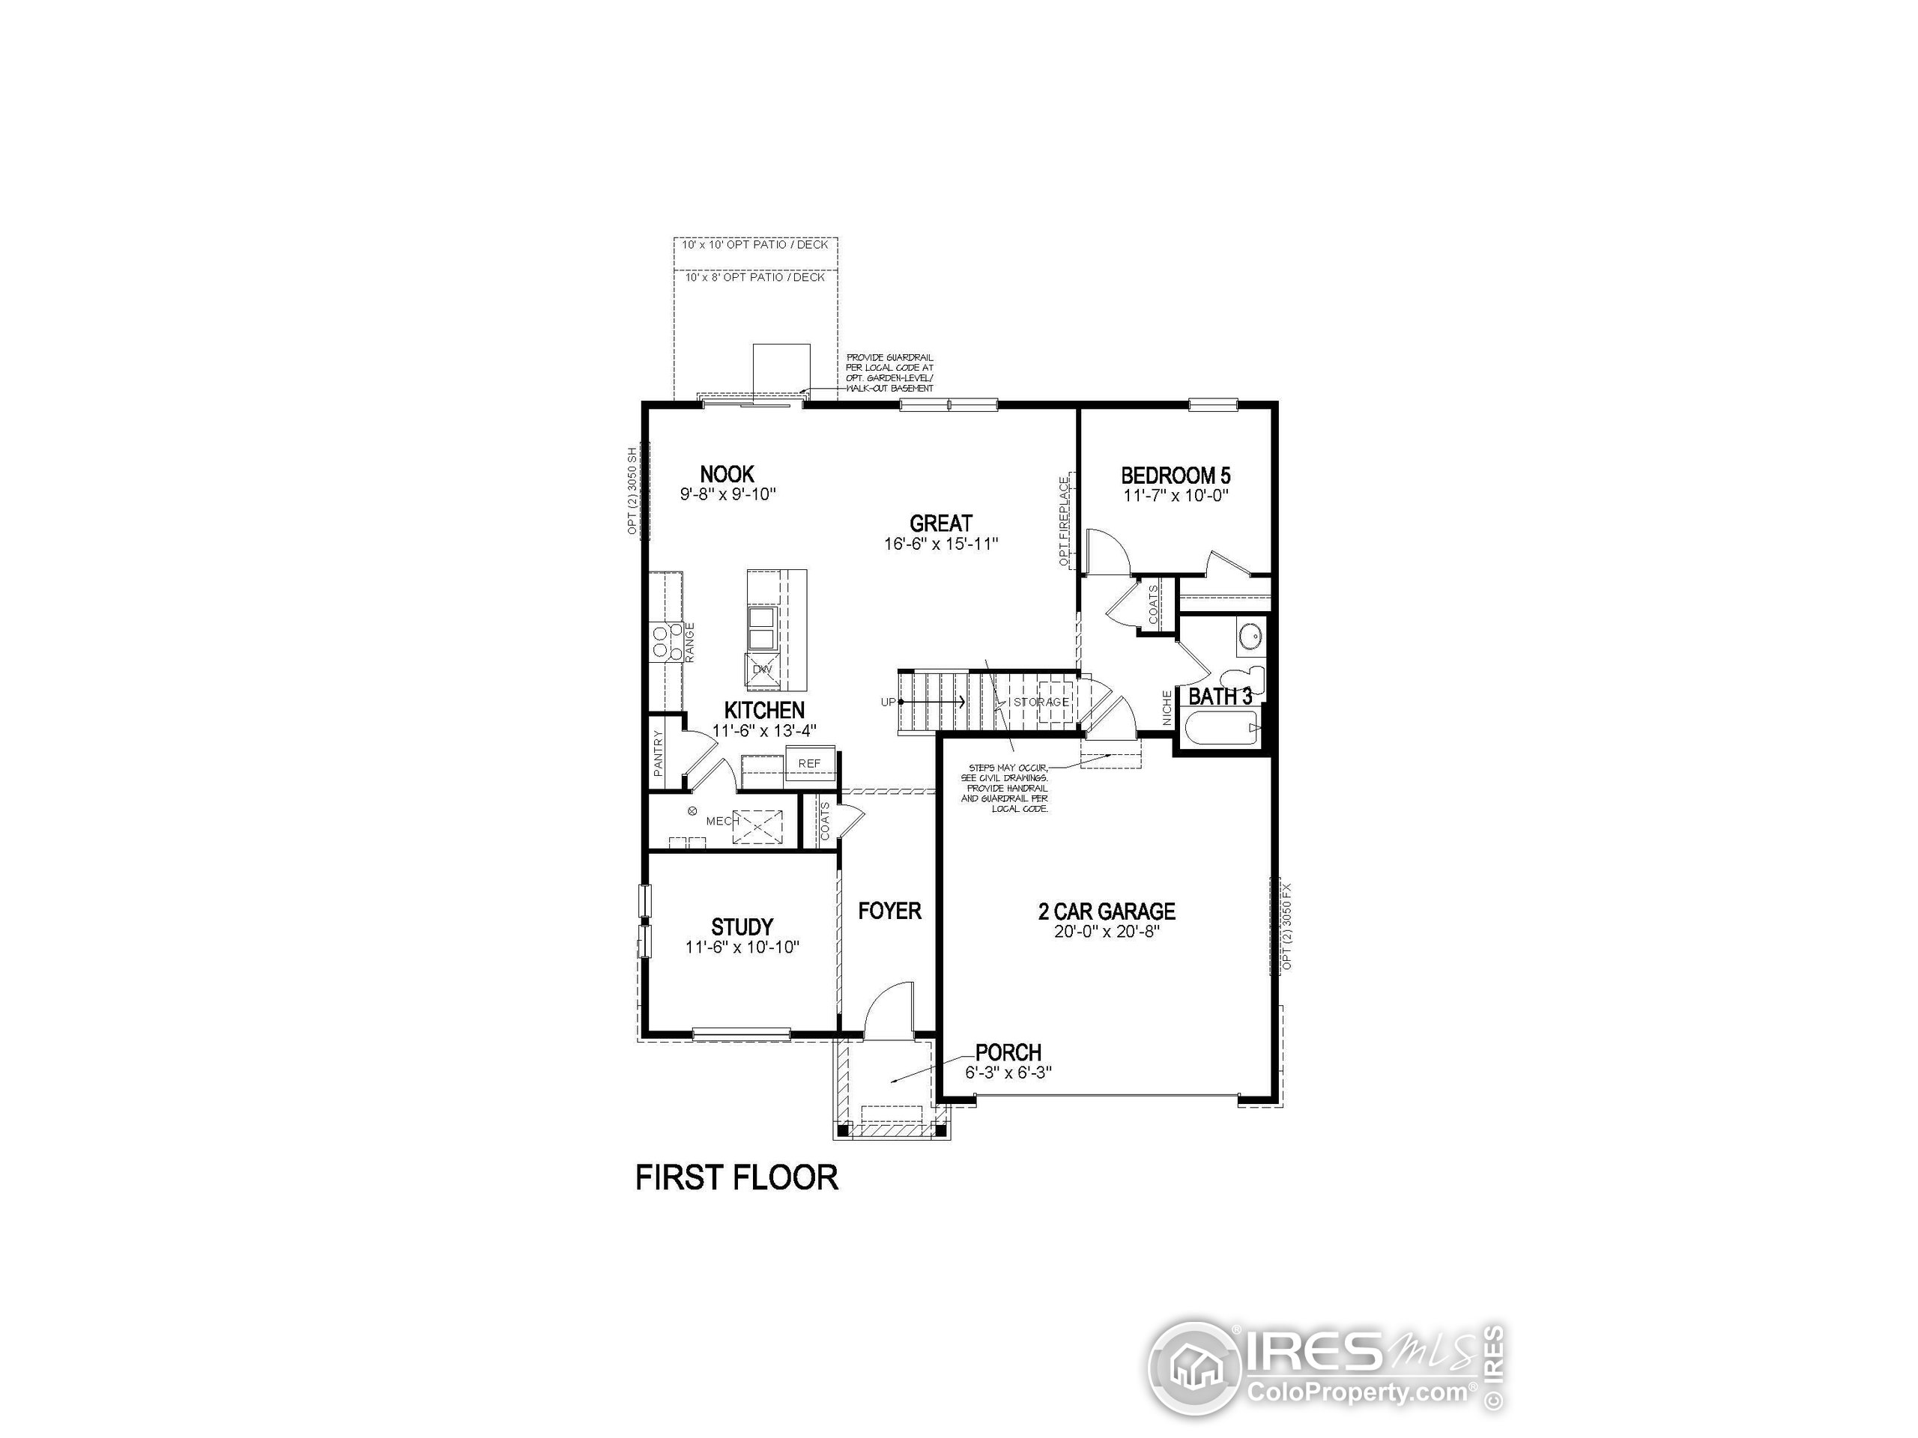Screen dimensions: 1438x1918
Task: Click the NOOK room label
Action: click(x=727, y=474)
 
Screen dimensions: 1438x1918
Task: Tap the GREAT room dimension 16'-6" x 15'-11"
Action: click(x=941, y=544)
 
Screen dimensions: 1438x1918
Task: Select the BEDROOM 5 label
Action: click(x=1175, y=475)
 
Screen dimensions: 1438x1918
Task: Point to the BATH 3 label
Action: click(x=1219, y=696)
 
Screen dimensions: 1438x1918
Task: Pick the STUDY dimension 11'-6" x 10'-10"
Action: click(x=742, y=947)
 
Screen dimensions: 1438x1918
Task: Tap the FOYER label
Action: click(x=889, y=910)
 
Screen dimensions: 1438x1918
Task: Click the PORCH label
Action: click(x=1008, y=1052)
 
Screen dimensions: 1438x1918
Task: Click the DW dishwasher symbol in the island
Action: click(x=761, y=669)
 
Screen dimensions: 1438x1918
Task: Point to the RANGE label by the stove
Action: click(x=690, y=643)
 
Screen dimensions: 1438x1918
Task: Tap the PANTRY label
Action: click(x=658, y=751)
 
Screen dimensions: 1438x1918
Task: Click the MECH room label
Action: click(x=721, y=821)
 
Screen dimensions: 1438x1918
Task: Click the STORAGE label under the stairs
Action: click(x=1041, y=701)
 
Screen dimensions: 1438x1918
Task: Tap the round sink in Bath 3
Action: click(x=1250, y=637)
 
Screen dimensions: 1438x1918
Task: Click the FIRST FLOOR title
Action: click(x=736, y=1178)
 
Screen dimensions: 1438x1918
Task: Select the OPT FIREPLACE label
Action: click(x=1064, y=521)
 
